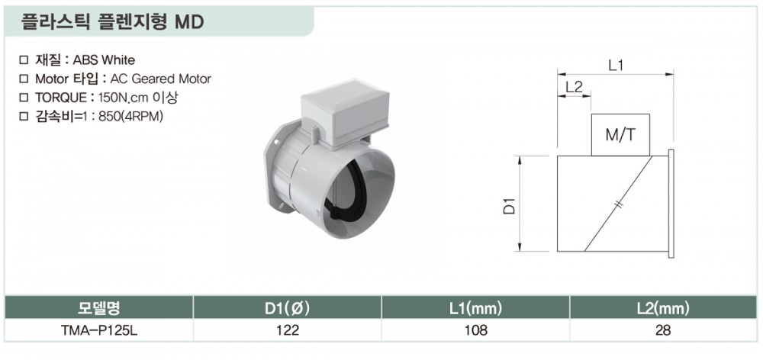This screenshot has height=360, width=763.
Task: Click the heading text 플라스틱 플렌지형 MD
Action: (112, 22)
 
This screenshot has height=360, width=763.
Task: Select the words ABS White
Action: (104, 60)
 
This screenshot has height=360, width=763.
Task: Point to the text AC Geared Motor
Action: (161, 79)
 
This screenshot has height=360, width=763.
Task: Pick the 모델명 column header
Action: (98, 307)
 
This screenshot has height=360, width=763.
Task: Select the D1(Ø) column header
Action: (287, 307)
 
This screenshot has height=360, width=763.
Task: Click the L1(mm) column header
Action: (475, 307)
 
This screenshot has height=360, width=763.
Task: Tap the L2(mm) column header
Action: (663, 307)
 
